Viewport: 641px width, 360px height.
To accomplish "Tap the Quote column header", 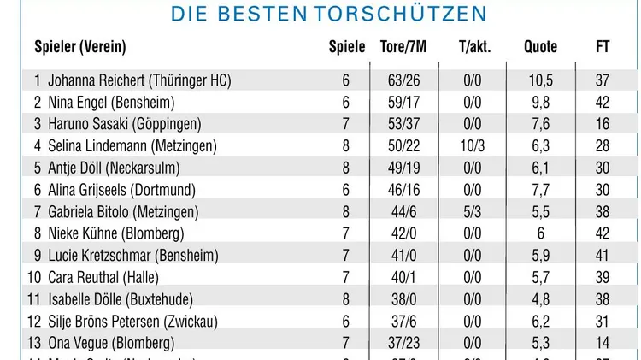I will point(540,47).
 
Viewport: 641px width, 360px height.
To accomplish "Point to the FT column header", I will point(603,47).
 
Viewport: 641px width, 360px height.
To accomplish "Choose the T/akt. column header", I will point(474,47).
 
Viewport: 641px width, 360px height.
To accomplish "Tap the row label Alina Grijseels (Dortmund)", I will point(121,189).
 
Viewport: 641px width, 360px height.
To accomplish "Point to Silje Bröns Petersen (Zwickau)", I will point(137,321).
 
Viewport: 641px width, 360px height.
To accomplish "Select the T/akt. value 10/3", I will point(472,146).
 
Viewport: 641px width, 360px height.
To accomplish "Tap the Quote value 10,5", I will point(541,80).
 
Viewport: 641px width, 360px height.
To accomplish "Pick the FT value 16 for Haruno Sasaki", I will point(603,124).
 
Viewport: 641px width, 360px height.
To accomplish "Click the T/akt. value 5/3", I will point(472,211).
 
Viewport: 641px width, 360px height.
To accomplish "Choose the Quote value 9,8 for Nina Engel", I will point(541,102).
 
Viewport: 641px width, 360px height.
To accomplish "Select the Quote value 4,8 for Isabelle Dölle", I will point(541,299).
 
